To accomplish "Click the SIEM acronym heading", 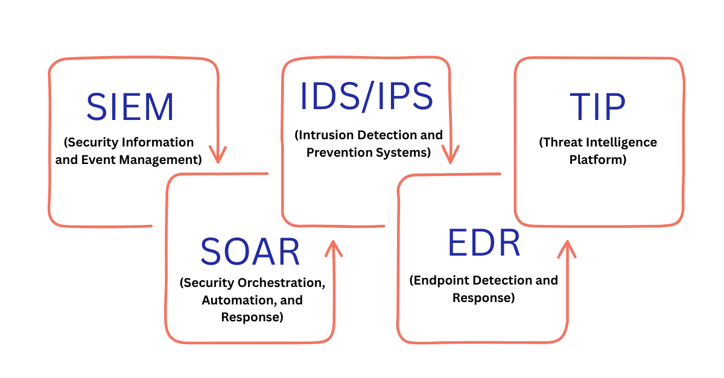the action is pos(130,107).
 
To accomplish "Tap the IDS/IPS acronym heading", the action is pos(367,96).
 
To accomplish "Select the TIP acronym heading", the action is pos(597,107).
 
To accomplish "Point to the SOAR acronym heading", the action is pos(250,251).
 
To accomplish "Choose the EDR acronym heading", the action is pos(484,243).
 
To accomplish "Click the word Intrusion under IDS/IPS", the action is pos(323,135).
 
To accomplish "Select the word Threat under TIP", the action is pos(560,142).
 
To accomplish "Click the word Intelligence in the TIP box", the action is pos(621,142).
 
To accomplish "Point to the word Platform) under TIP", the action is pos(598,160).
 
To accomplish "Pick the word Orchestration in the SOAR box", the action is pos(282,283).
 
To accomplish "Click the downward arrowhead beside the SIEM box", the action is pos(218,155).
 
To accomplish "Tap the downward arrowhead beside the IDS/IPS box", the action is pos(450,155).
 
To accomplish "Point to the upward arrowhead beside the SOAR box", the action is pos(334,249).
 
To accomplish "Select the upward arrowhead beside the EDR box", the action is pos(567,249).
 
